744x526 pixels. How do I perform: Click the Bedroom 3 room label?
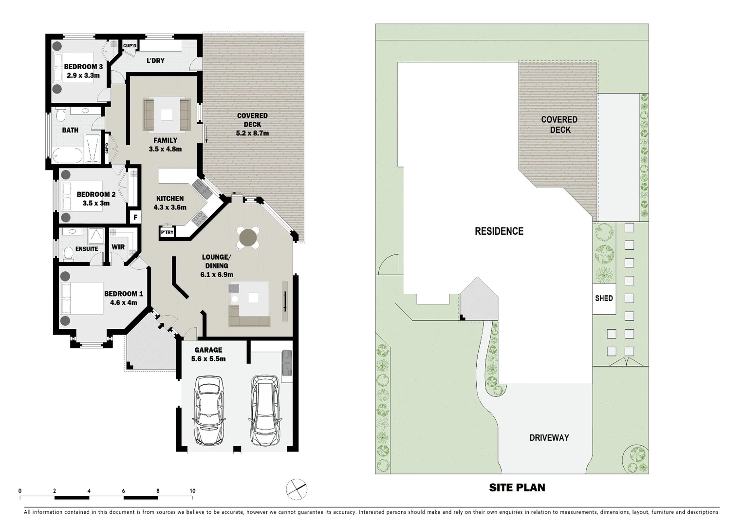pyautogui.click(x=83, y=67)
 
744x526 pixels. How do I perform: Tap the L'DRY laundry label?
pyautogui.click(x=155, y=61)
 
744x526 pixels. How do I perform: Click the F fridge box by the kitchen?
pyautogui.click(x=135, y=217)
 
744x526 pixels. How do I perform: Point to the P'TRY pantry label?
pyautogui.click(x=167, y=232)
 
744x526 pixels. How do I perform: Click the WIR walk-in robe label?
pyautogui.click(x=118, y=247)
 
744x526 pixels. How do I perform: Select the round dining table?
pyautogui.click(x=248, y=238)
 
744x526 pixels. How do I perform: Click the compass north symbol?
pyautogui.click(x=297, y=489)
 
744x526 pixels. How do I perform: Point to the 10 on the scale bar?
pyautogui.click(x=192, y=491)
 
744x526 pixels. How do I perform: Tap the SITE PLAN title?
pyautogui.click(x=517, y=487)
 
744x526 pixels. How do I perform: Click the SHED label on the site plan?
pyautogui.click(x=604, y=298)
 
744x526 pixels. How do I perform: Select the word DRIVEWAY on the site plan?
pyautogui.click(x=549, y=437)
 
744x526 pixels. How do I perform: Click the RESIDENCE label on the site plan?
pyautogui.click(x=499, y=231)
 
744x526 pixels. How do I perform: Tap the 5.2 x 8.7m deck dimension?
pyautogui.click(x=252, y=133)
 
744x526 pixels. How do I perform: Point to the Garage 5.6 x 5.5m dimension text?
pyautogui.click(x=208, y=359)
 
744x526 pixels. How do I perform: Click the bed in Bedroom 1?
pyautogui.click(x=82, y=299)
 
